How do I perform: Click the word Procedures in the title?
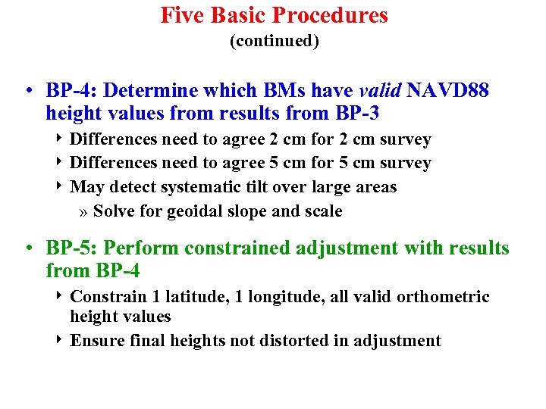(331, 15)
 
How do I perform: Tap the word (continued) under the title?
(274, 42)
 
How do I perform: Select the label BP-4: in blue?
(71, 91)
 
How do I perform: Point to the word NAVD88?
(448, 91)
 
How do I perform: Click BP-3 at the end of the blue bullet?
(355, 114)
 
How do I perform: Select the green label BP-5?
(71, 248)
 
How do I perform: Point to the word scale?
(322, 211)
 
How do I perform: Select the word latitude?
(192, 297)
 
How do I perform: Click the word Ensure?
(95, 341)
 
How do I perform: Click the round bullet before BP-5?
(27, 248)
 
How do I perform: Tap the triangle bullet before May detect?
(61, 186)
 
